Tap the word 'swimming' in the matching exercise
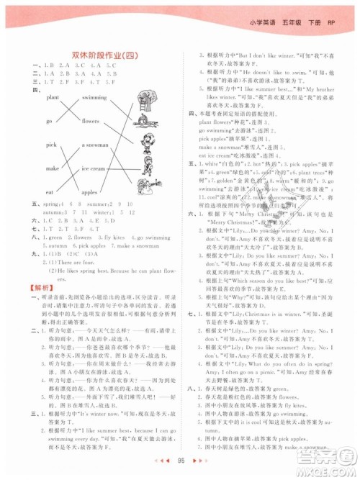coord(94,96)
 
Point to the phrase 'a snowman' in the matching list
coord(94,145)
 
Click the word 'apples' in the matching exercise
coord(89,193)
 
